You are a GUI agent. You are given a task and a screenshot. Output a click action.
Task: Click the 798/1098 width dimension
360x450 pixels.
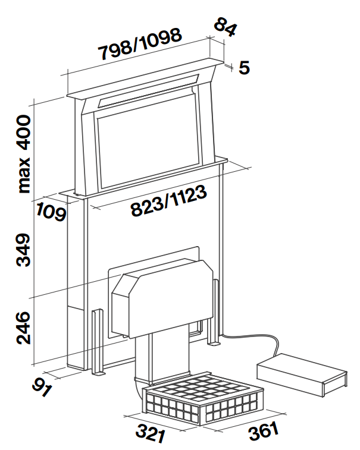click(140, 43)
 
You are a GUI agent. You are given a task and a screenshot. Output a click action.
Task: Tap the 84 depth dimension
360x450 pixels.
click(226, 27)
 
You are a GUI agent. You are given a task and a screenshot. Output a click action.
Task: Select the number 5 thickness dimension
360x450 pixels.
click(244, 68)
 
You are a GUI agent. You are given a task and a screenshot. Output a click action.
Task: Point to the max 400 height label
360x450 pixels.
click(24, 154)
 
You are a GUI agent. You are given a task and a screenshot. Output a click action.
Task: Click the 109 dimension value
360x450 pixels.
click(51, 212)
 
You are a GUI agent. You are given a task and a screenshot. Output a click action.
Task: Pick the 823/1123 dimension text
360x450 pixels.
click(168, 200)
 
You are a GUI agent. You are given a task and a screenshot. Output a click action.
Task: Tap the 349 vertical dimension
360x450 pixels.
click(23, 250)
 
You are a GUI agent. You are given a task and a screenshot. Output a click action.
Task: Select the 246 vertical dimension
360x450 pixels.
click(23, 328)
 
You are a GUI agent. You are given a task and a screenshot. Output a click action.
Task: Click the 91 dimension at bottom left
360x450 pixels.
click(42, 387)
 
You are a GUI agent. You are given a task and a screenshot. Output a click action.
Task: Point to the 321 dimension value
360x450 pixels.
click(151, 433)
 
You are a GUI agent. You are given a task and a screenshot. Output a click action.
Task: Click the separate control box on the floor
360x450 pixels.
click(302, 375)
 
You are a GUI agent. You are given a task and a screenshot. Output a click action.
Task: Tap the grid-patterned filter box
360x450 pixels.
click(202, 398)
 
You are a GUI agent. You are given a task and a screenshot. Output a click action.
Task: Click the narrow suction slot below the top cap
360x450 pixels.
click(148, 91)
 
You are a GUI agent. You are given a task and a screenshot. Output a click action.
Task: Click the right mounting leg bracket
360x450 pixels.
click(212, 312)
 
